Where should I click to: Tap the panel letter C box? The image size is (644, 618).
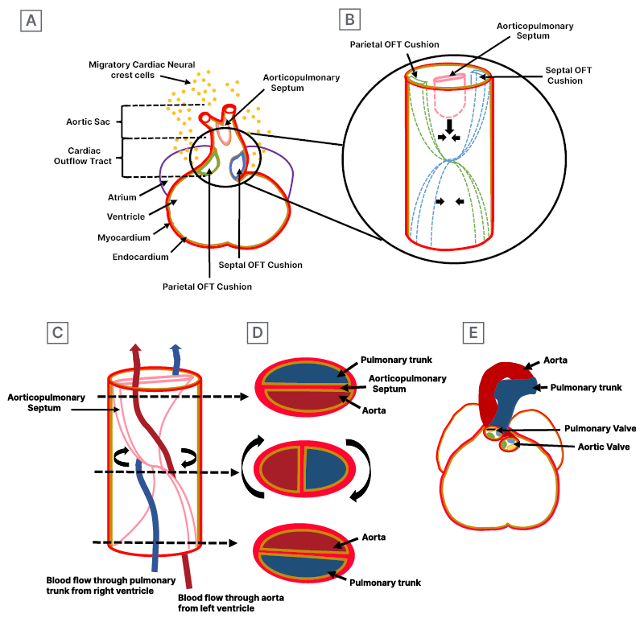56,331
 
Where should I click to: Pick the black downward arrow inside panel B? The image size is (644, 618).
449,126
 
